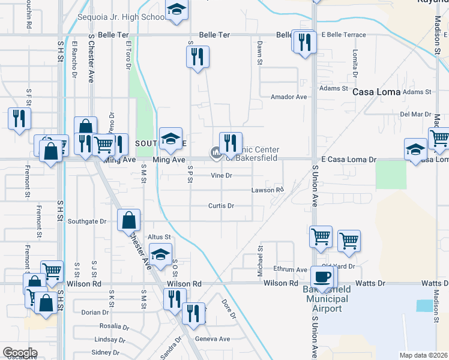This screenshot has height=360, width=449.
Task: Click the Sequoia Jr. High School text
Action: (122, 17)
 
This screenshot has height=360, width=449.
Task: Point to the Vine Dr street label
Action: (221, 176)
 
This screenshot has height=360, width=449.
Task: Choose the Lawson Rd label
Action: (267, 190)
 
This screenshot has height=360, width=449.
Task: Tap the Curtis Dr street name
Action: (221, 205)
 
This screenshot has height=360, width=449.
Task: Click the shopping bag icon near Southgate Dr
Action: (129, 220)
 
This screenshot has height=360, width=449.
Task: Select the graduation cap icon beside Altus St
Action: (160, 254)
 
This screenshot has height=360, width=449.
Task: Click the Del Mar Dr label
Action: (415, 114)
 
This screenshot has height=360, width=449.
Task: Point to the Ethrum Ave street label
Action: (291, 269)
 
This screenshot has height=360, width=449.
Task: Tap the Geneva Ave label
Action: (216, 338)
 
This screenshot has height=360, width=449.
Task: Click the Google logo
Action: (20, 353)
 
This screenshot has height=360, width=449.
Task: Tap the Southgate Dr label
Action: (86, 221)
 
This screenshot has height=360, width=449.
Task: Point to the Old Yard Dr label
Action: (339, 266)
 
